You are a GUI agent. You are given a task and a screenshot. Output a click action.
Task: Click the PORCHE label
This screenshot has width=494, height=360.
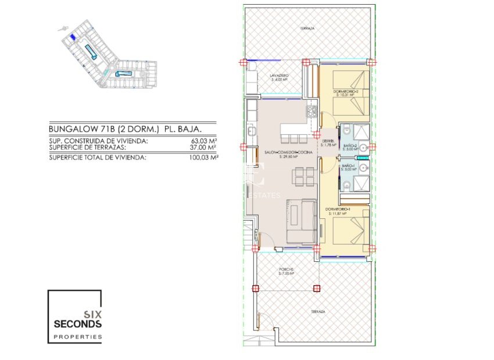(x=285, y=269)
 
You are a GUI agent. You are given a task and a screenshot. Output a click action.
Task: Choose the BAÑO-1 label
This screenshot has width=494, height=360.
(x=348, y=165)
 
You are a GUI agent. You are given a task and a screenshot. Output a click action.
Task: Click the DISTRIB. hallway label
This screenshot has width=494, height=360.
(x=328, y=141)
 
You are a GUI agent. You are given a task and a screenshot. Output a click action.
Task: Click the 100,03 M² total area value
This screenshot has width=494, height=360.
(x=202, y=157)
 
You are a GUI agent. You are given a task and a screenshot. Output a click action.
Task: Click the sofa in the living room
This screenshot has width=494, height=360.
(x=301, y=221)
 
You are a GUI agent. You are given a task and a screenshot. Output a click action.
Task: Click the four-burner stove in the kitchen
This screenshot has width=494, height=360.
(x=311, y=110)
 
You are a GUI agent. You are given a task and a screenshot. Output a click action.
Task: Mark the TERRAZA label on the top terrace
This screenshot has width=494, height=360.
(x=307, y=28)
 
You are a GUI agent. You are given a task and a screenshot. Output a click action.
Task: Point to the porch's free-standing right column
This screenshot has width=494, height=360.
(x=317, y=288)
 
